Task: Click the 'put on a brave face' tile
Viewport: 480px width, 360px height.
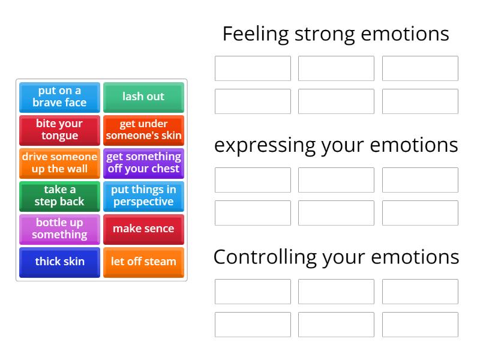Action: (59, 97)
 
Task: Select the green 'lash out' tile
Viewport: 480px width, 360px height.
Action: (143, 97)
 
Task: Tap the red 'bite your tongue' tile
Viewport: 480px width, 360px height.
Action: (59, 130)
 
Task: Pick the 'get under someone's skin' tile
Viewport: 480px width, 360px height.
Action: (143, 130)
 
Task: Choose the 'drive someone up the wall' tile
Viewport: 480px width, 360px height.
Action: (59, 163)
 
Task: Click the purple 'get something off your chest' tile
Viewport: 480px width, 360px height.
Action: (143, 163)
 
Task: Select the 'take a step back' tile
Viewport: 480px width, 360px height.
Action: (59, 196)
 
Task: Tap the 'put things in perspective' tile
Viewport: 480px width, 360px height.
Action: (143, 196)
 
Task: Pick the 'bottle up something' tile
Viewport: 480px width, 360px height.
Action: (59, 229)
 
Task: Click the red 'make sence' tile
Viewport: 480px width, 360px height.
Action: (143, 229)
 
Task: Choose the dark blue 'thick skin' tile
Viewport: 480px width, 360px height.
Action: (59, 262)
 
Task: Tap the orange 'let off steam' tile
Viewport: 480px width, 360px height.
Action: (143, 262)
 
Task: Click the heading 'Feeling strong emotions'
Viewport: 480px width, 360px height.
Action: (335, 34)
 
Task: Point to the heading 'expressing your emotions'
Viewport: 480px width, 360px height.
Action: (336, 145)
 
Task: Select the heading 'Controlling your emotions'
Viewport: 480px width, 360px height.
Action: (336, 257)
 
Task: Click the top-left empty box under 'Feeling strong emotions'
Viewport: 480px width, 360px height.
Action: (253, 68)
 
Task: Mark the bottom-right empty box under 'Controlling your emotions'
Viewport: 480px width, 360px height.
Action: (420, 325)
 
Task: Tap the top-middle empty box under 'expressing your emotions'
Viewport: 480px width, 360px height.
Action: (336, 180)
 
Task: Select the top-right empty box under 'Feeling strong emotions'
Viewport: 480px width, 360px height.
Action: (420, 68)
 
